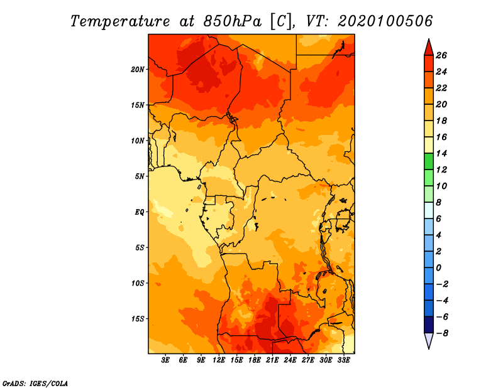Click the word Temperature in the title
(120, 21)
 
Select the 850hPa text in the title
(232, 21)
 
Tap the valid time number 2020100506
(385, 21)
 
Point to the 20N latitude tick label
(137, 70)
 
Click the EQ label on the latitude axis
(140, 212)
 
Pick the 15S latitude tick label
(138, 319)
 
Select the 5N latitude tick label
(140, 176)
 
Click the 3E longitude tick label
(165, 360)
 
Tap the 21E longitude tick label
(272, 360)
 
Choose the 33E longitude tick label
(343, 360)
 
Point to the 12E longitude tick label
(219, 360)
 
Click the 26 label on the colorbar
(441, 55)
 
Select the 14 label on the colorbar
(441, 153)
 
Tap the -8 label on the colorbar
(442, 333)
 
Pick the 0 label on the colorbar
(438, 267)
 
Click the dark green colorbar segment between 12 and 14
(429, 161)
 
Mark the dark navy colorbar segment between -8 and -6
(429, 325)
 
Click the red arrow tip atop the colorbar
(429, 40)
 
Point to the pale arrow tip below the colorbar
(429, 348)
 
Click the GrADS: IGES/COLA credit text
(35, 383)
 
